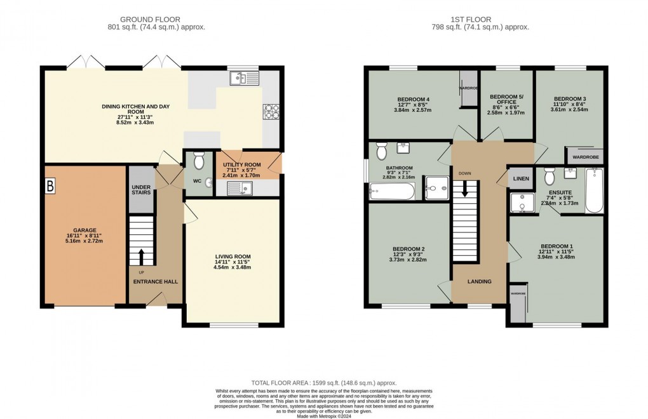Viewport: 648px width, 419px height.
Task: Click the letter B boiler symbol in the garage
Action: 50,187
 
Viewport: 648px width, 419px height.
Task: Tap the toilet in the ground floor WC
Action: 198,161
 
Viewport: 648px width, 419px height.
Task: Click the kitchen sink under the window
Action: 244,78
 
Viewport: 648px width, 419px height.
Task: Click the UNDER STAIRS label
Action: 140,190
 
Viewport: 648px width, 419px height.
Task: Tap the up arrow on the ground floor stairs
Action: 141,256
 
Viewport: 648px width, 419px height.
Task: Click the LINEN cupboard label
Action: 521,179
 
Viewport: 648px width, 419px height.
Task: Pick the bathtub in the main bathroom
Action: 392,191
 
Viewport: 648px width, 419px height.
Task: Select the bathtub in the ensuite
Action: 594,190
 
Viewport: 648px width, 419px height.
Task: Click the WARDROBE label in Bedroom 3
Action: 585,156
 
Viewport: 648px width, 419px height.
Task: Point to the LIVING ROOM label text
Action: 233,257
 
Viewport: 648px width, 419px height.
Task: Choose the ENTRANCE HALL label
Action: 156,281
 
